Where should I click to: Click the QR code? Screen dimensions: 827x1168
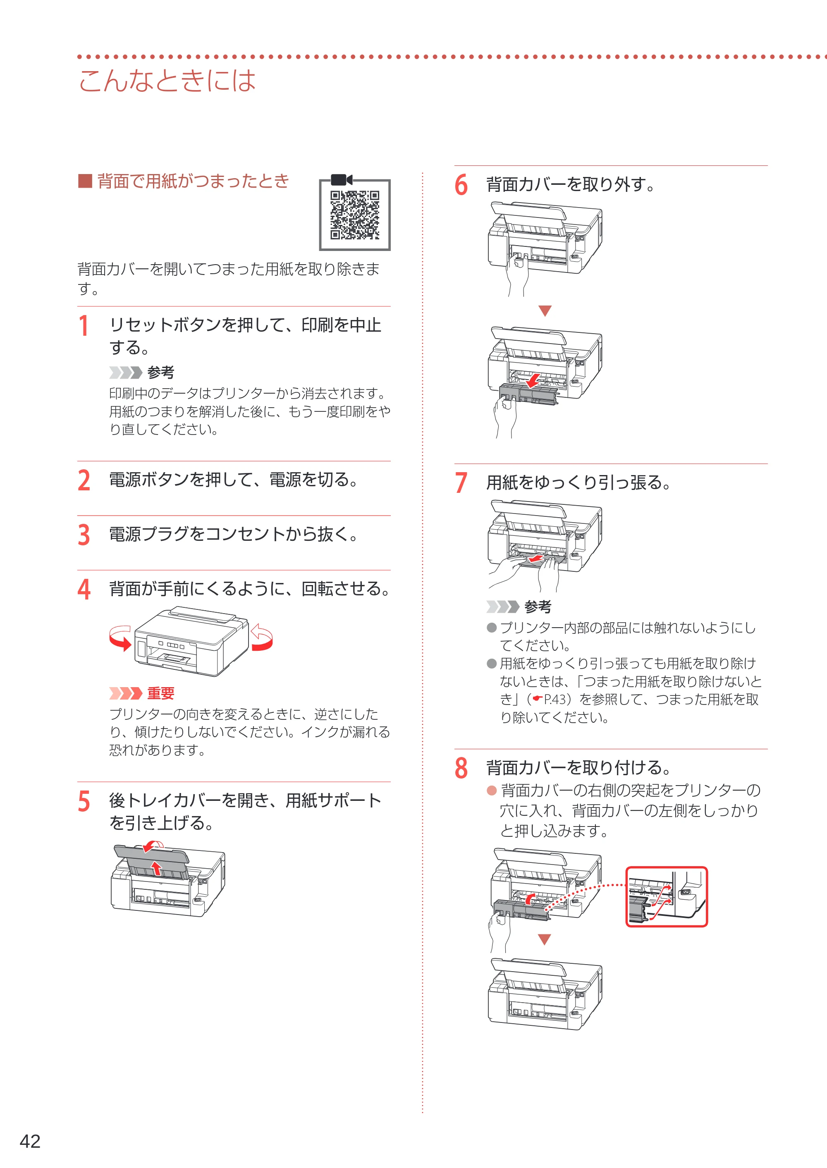pos(354,215)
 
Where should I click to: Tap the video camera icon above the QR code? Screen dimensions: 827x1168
pos(341,180)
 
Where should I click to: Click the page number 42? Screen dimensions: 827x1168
pos(30,1141)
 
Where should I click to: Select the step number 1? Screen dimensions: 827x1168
pos(84,326)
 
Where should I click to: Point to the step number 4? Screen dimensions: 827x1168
pos(84,589)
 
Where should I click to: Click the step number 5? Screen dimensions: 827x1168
pos(84,801)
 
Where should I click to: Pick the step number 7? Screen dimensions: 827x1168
pos(461,482)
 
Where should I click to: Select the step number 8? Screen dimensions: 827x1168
pos(461,768)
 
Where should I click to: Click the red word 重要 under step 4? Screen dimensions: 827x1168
pos(161,693)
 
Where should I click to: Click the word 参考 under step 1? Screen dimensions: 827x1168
pos(161,372)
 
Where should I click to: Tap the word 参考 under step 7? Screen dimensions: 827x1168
pos(538,607)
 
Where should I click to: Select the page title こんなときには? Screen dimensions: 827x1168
pos(167,81)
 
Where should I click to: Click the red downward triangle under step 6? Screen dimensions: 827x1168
pos(545,311)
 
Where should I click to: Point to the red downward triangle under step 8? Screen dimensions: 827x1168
pos(545,939)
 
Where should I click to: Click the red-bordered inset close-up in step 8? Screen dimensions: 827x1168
pos(667,897)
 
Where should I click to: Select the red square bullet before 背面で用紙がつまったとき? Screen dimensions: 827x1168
pos(84,181)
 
